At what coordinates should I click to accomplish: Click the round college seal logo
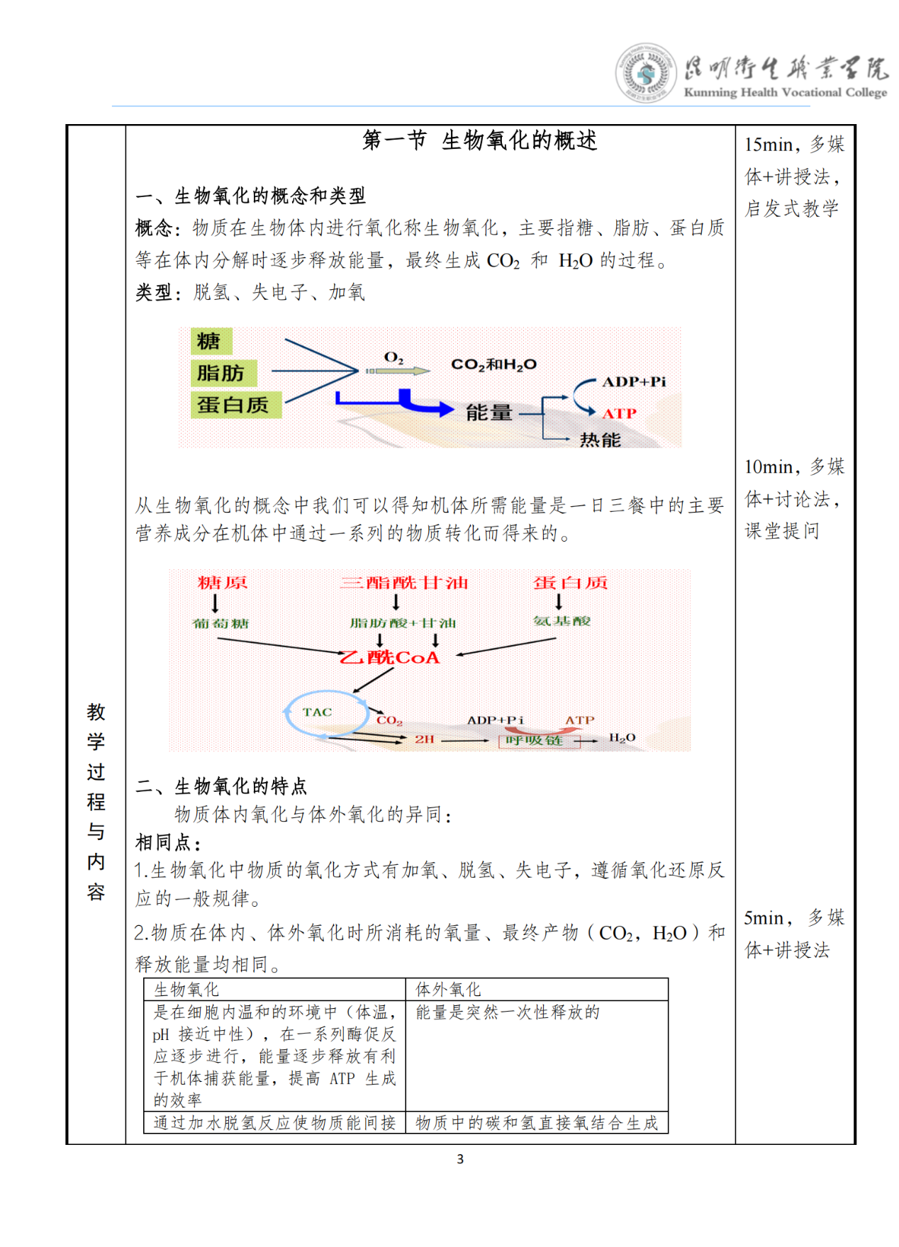644,73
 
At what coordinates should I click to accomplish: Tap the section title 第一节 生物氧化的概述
479,140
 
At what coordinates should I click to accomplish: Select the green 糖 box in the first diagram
209,342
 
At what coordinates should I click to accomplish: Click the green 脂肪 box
221,373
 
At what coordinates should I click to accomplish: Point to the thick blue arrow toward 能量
411,403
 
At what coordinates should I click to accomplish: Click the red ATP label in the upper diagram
619,413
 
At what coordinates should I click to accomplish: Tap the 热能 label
600,440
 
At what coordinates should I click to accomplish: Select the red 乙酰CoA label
391,658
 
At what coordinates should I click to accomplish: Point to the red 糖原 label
223,583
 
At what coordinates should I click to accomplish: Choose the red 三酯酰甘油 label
403,583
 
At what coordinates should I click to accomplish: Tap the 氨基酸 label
562,621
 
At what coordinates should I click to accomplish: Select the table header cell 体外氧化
448,990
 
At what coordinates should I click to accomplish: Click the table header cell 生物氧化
186,990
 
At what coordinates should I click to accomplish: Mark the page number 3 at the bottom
460,1159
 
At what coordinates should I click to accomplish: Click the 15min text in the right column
769,145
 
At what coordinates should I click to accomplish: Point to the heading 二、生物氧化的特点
221,786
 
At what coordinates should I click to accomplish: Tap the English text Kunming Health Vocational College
785,92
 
